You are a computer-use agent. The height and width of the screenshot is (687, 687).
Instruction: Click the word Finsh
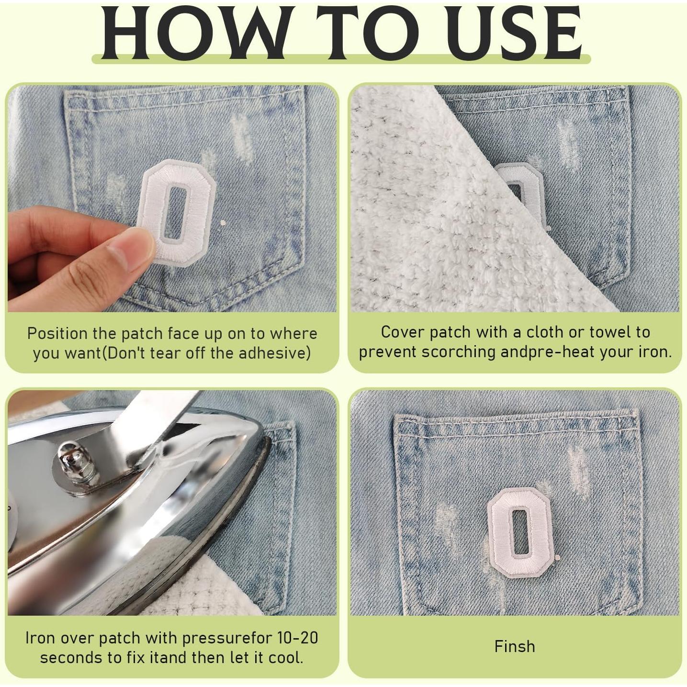pos(515,647)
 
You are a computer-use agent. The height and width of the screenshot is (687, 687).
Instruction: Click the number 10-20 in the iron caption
pos(297,638)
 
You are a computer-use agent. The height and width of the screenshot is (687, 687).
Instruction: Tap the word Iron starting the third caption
pos(40,638)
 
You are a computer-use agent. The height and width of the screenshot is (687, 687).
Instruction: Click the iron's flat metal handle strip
pos(158,412)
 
